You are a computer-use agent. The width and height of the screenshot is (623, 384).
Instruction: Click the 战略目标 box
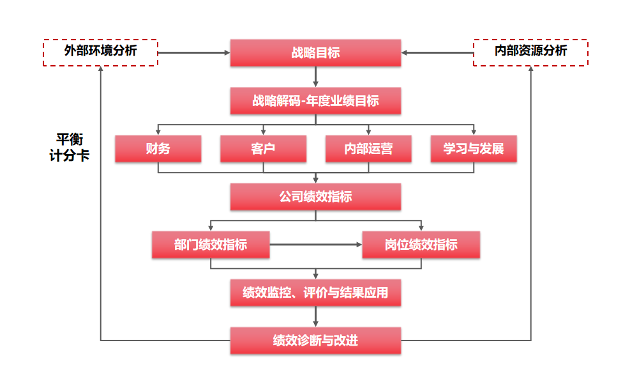click(x=315, y=53)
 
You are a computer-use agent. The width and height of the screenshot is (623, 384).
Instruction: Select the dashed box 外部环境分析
click(x=100, y=52)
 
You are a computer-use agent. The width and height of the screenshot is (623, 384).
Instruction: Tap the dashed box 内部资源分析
click(x=530, y=52)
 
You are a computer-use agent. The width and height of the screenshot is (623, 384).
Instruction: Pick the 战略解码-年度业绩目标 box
click(x=315, y=101)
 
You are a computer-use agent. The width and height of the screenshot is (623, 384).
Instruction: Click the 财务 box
click(x=158, y=149)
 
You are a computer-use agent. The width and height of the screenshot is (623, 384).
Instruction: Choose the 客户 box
click(x=263, y=149)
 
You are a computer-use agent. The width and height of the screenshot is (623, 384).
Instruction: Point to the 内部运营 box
click(x=368, y=149)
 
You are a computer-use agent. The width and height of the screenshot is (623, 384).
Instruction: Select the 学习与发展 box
click(x=474, y=149)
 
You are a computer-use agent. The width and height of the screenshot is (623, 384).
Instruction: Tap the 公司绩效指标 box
click(x=315, y=197)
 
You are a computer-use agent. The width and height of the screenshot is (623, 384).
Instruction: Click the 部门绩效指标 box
click(x=211, y=245)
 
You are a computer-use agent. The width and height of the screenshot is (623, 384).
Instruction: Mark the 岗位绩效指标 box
click(x=421, y=245)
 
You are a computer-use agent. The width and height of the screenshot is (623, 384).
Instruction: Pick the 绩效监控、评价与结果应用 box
click(x=315, y=293)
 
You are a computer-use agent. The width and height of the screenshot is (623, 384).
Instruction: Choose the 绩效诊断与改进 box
click(x=315, y=341)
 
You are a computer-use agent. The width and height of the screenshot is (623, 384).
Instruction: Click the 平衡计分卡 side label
click(x=69, y=147)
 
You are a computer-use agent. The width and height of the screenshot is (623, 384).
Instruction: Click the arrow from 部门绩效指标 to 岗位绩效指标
click(x=315, y=245)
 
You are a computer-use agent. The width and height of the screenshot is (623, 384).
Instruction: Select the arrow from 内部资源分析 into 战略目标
click(x=437, y=53)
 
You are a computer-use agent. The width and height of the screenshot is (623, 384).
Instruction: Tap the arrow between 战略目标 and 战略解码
click(x=315, y=77)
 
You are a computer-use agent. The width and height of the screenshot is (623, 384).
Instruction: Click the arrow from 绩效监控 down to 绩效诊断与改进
click(x=315, y=317)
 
